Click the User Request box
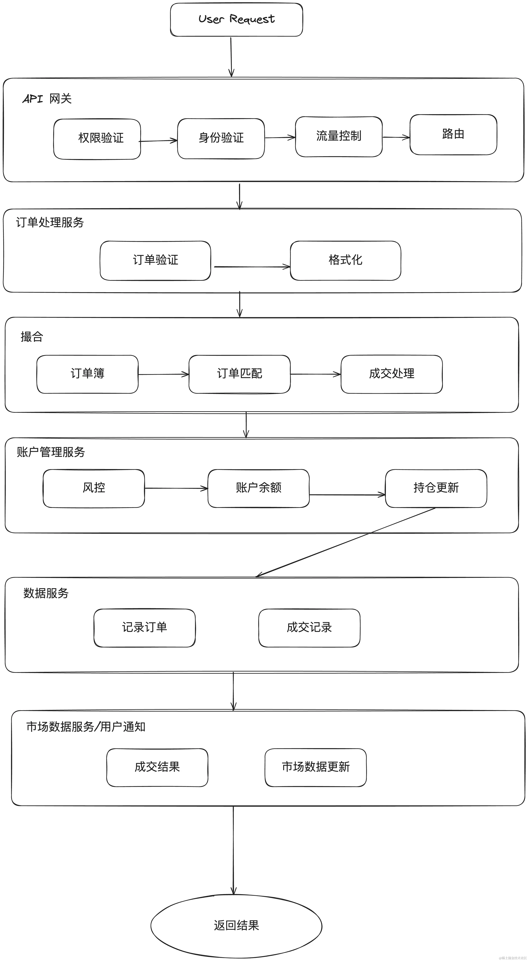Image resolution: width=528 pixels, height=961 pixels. pos(236,19)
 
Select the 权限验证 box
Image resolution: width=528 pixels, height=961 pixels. pos(97,139)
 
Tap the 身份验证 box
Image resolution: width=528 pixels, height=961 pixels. pos(221,138)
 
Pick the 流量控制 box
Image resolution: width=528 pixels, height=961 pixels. pos(339,136)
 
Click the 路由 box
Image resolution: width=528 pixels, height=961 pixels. pos(453,134)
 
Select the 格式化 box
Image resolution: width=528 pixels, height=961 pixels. pos(345,260)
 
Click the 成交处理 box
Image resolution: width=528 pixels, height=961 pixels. pos(392,374)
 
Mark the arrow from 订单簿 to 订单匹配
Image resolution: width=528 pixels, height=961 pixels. pos(163,374)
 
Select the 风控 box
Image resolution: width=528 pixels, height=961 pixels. pos(94,488)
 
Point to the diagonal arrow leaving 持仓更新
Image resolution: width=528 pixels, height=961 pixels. pos(347,542)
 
